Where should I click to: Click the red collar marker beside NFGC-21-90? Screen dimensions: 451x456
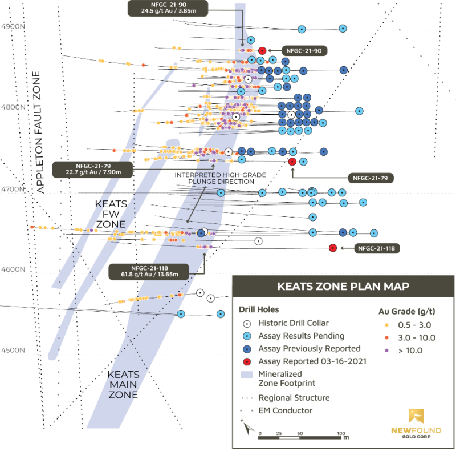point(262,50)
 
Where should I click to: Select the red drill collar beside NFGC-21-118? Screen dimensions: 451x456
point(333,248)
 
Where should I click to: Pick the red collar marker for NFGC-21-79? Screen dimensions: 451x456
point(292,162)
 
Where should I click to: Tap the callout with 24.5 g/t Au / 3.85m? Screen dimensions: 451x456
point(168,9)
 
